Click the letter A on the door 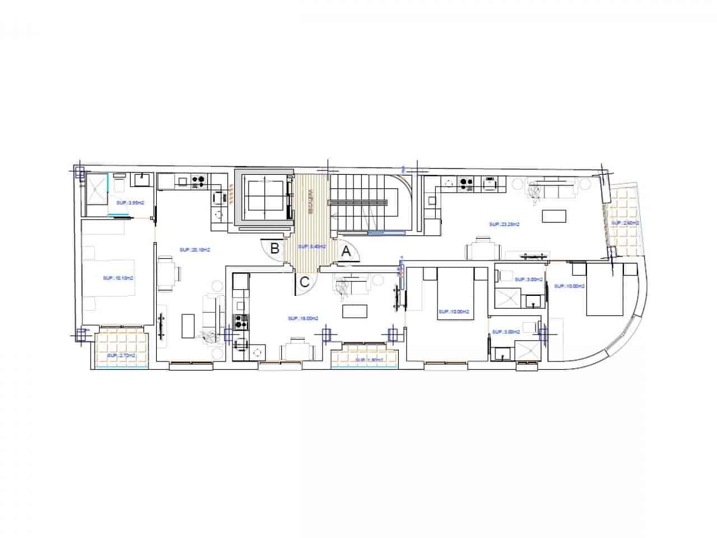[x=346, y=252]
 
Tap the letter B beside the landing [x=275, y=249]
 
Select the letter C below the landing [x=304, y=282]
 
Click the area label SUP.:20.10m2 [x=191, y=249]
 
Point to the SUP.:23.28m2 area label [x=502, y=224]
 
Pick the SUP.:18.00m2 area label [x=303, y=318]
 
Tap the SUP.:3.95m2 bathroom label [x=130, y=203]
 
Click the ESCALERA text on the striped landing [x=310, y=202]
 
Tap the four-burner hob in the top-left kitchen [x=198, y=180]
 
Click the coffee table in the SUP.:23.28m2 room [x=554, y=216]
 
